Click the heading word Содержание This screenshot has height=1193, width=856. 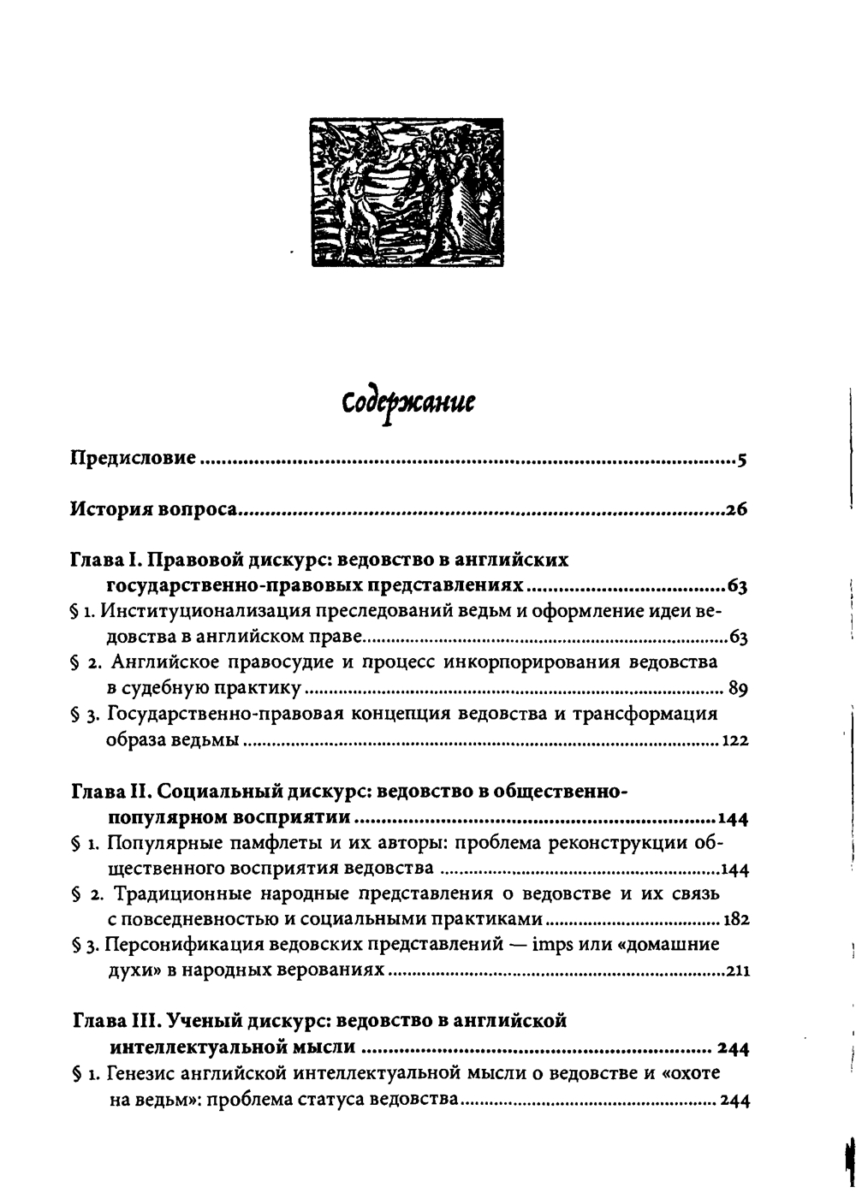coord(408,402)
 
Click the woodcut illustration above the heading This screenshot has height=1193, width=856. coord(407,193)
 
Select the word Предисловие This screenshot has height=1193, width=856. coord(133,459)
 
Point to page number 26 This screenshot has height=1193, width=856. coord(737,511)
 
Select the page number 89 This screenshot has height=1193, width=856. coord(738,689)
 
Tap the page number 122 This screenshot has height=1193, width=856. coord(735,740)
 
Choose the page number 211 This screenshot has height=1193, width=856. coord(737,971)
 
